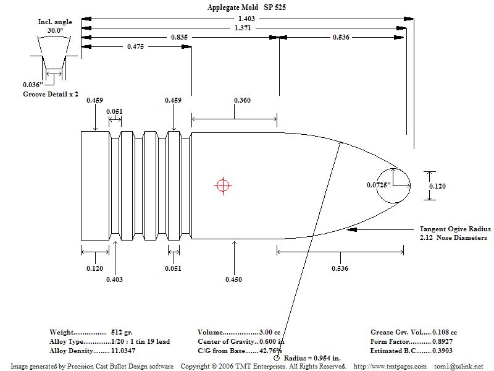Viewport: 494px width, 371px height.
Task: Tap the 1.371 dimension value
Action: (243, 28)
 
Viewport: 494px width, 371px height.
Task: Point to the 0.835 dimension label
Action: (180, 38)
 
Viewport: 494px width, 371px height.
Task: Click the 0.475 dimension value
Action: (136, 47)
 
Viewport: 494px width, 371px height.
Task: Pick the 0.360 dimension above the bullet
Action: (242, 100)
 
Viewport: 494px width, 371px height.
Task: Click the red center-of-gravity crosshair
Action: (222, 184)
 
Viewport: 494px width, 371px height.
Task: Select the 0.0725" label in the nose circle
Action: (379, 185)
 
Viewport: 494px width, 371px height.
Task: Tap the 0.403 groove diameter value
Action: (114, 279)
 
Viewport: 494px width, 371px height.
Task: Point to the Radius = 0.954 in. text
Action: (314, 358)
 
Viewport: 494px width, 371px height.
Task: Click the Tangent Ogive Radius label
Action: (455, 229)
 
